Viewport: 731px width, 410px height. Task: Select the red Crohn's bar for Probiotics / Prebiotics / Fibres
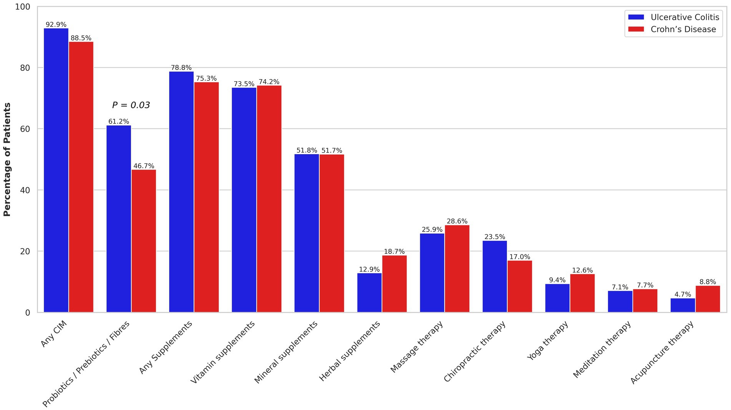point(144,241)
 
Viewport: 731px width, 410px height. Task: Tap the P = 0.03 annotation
point(131,105)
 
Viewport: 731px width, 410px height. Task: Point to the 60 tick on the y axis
point(25,129)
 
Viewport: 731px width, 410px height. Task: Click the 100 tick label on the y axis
point(22,7)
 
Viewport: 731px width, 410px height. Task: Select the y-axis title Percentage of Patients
point(7,159)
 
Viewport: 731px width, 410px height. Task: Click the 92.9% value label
point(56,25)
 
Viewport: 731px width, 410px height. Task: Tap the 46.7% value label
point(144,166)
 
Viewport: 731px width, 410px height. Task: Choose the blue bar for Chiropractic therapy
point(495,276)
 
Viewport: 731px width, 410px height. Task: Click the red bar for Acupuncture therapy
point(708,299)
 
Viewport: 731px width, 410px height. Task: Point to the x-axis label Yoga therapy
point(547,341)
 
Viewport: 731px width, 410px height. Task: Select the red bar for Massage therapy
point(457,268)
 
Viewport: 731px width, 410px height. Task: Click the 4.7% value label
point(683,295)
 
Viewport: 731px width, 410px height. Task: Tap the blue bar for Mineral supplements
point(307,233)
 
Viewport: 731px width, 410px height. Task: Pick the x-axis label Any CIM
point(54,334)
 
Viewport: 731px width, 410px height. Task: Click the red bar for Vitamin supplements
point(269,199)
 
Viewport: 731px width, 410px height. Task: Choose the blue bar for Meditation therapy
point(620,302)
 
